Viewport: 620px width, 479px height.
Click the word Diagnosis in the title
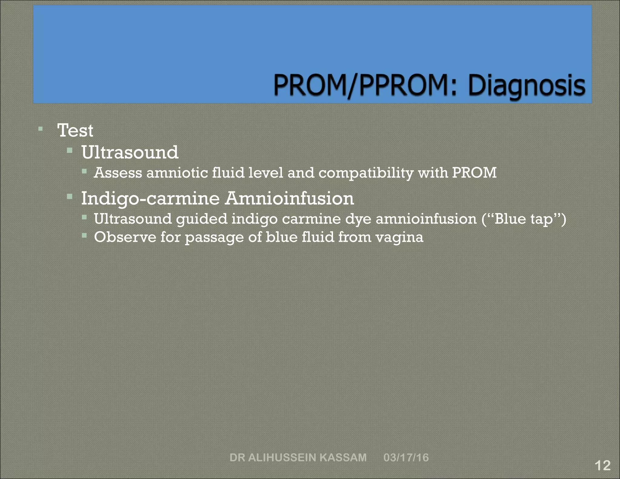click(x=527, y=85)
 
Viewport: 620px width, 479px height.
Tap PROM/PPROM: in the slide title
click(x=365, y=85)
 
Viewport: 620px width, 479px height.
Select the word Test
click(x=75, y=130)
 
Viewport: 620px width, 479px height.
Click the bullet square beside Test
click(x=41, y=129)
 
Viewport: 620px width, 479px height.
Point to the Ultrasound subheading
click(x=130, y=152)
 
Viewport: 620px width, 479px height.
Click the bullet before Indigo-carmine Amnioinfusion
click(x=70, y=197)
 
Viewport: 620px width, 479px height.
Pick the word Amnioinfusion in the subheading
click(x=289, y=199)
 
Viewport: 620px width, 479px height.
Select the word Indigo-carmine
click(x=150, y=199)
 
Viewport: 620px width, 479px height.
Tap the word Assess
click(x=118, y=173)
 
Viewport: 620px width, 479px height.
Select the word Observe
click(x=125, y=237)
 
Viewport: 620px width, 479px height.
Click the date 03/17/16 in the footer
click(x=406, y=458)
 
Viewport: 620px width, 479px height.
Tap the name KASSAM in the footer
click(x=343, y=458)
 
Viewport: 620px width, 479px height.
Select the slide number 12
click(x=602, y=465)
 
